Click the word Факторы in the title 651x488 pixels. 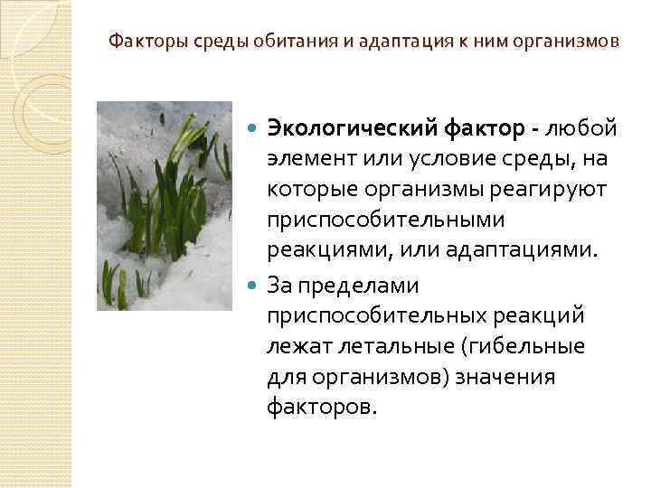tap(138, 42)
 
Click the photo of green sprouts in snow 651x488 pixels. tap(165, 206)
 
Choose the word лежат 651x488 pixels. tap(295, 346)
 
